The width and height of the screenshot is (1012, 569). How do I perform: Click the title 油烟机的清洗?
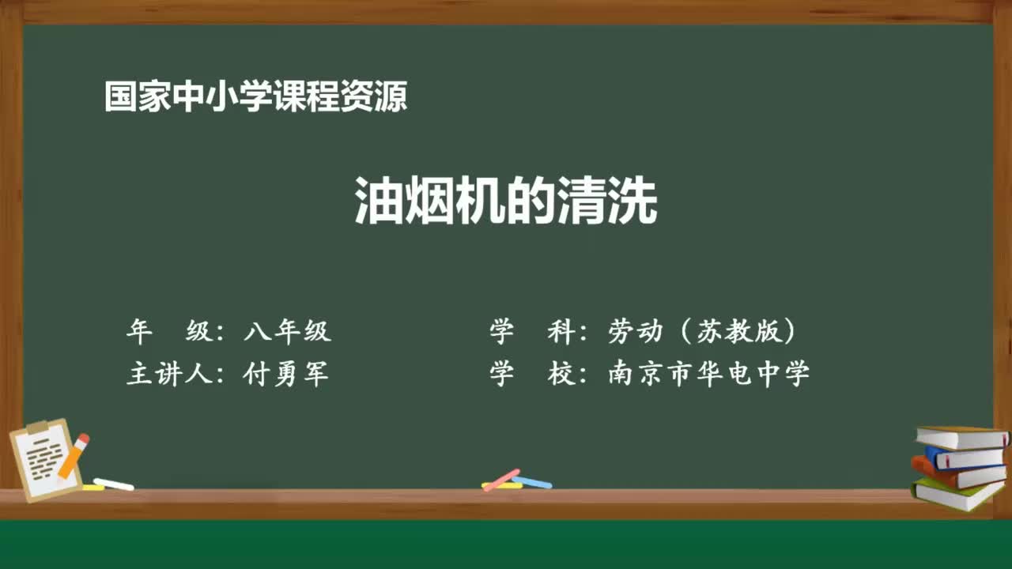point(506,202)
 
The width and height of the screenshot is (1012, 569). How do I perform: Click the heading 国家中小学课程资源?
point(256,97)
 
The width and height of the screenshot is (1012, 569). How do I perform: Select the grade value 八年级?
point(287,332)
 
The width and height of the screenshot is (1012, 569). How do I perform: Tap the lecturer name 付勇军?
point(287,373)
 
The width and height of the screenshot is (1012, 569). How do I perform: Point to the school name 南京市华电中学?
point(709,373)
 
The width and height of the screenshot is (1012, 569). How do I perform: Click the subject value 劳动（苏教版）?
point(702,332)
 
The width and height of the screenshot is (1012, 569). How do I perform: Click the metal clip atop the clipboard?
point(37,428)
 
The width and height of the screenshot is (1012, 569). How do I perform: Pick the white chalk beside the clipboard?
point(113,484)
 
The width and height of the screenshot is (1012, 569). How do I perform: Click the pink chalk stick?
point(500,480)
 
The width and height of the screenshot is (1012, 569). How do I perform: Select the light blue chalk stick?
point(531,482)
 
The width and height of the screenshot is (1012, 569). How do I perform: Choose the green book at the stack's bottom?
point(957,494)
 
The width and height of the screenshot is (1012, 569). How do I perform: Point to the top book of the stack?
point(961,437)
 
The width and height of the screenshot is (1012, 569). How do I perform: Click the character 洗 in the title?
point(637,202)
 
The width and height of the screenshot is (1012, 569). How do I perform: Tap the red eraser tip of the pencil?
point(83,439)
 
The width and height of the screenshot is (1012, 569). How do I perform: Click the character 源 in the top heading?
point(391,97)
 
